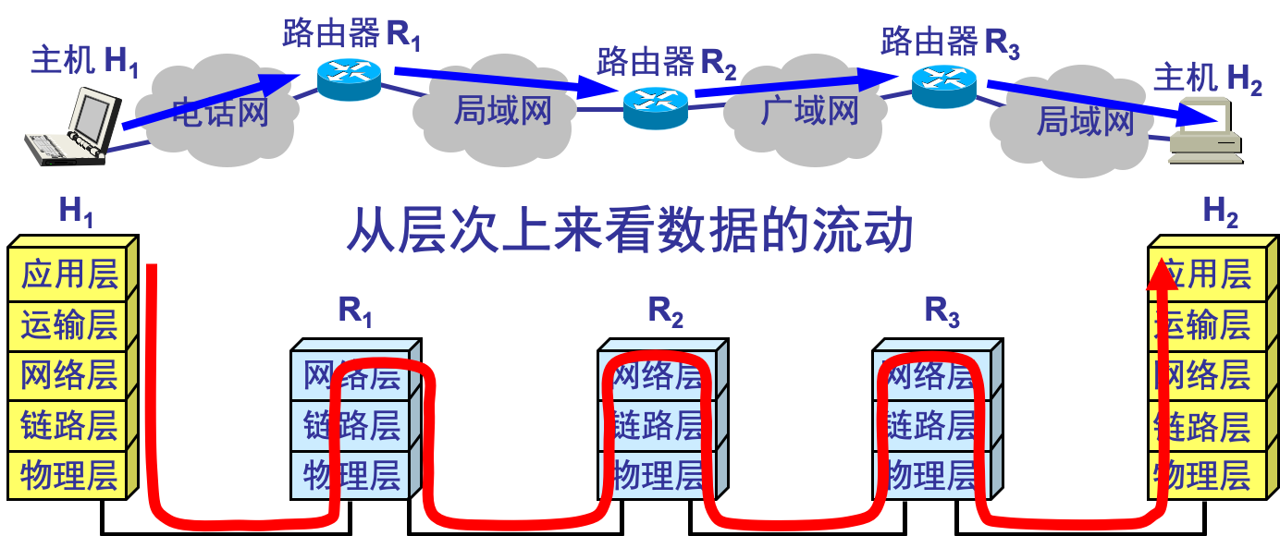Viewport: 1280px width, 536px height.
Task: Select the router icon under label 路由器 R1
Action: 349,79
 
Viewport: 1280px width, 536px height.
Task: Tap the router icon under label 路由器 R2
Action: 655,107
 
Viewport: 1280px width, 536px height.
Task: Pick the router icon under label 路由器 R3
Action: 943,85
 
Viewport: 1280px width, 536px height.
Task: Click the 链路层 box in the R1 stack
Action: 351,425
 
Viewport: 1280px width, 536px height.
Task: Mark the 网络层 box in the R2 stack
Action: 658,375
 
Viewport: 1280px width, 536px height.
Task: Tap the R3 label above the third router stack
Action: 942,311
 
